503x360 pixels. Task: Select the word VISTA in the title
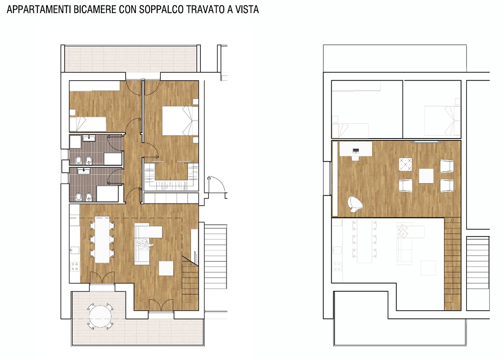[247, 10]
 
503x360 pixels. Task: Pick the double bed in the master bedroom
[180, 121]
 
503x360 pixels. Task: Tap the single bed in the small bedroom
[88, 124]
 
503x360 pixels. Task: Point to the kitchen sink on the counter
[75, 250]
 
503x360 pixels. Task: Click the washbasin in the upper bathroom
[88, 139]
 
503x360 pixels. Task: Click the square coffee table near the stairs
[166, 268]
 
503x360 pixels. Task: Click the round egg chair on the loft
[355, 204]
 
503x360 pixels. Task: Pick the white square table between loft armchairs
[426, 176]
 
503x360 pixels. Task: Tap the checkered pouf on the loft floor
[405, 165]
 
